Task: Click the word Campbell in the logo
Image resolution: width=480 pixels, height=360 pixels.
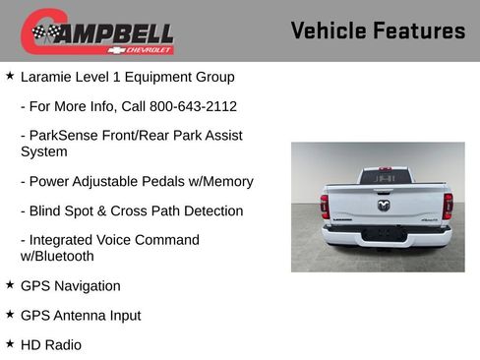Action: (x=108, y=32)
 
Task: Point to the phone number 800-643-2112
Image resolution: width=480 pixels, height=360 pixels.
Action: (x=179, y=106)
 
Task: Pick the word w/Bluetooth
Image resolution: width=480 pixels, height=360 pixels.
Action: (x=57, y=257)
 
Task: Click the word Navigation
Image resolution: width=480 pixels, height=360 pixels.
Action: (x=87, y=286)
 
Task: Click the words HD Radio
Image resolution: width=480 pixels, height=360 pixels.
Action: (x=51, y=345)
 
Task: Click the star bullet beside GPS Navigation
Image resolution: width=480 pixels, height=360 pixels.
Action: (x=10, y=285)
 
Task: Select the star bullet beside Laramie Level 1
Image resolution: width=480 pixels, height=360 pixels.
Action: (x=10, y=76)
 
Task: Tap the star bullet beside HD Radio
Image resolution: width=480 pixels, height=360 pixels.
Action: (x=10, y=344)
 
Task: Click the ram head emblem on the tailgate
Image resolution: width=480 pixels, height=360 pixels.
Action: (x=385, y=206)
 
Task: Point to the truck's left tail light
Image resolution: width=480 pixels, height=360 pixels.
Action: (x=325, y=206)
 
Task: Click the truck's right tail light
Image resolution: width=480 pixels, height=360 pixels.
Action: (x=448, y=206)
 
